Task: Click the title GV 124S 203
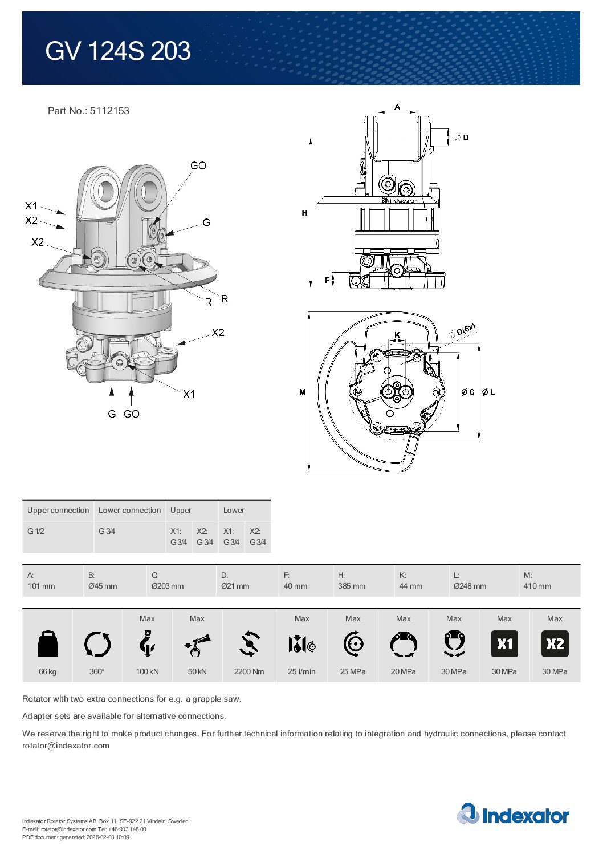point(118,51)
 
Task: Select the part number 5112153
point(109,111)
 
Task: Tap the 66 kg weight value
point(48,671)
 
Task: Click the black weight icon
point(48,644)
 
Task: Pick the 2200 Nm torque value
point(248,671)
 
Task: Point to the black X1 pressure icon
point(504,644)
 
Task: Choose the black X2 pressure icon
point(555,644)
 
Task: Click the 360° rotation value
point(97,671)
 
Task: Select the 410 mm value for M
point(537,586)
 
